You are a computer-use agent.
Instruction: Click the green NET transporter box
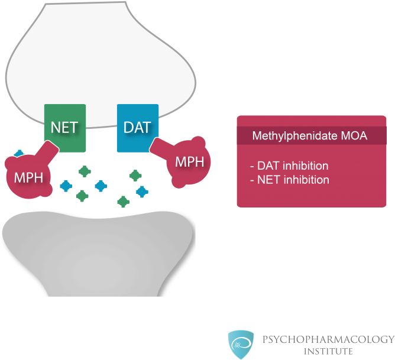pyautogui.click(x=65, y=127)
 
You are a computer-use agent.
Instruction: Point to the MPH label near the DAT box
pyautogui.click(x=189, y=162)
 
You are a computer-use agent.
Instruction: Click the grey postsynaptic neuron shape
pyautogui.click(x=98, y=254)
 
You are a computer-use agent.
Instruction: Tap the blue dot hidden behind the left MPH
pyautogui.click(x=19, y=154)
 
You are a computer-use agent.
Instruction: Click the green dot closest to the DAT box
pyautogui.click(x=135, y=175)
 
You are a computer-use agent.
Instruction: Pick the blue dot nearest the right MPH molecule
pyautogui.click(x=142, y=192)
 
